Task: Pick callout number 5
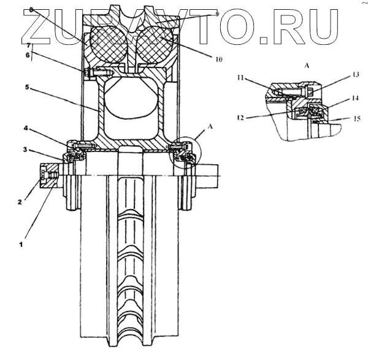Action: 27,87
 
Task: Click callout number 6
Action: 27,55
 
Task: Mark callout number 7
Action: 27,45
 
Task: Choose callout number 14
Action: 339,98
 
